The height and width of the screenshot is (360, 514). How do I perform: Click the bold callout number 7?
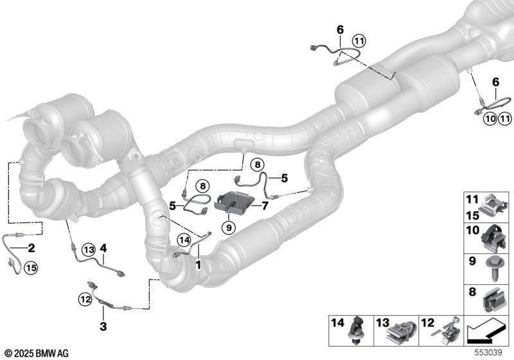coord(265,206)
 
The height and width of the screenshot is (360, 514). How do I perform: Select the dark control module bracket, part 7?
coord(234,202)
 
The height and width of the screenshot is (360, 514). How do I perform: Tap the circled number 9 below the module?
coord(228,227)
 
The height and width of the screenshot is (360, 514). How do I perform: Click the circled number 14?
coord(184,240)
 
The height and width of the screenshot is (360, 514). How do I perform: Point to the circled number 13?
coord(88,250)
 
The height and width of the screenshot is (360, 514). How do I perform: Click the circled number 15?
coord(31,268)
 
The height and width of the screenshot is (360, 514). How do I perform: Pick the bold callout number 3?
coord(103,326)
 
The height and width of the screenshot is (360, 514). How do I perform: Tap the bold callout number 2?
coord(31,248)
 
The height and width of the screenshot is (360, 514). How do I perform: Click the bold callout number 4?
coord(103,248)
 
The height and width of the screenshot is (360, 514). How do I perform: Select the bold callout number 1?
coord(198,265)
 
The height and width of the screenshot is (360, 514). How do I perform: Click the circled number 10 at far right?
coord(490,118)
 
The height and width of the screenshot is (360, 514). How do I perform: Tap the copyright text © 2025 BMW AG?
coord(37,354)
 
